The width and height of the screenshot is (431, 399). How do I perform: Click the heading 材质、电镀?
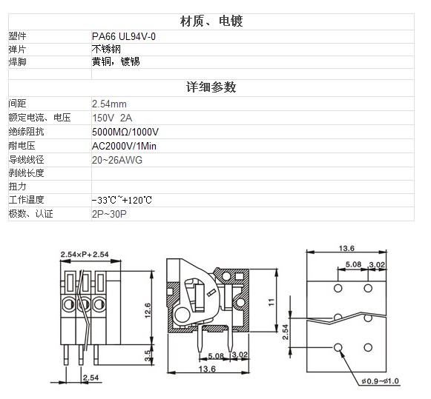pos(211,21)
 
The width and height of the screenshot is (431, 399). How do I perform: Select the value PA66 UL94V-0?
pos(124,36)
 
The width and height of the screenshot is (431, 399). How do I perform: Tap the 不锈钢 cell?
pos(106,49)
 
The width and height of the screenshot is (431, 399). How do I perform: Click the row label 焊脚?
pos(17,61)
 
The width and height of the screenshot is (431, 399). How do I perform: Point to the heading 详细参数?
pos(211,87)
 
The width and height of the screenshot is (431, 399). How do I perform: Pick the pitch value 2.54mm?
pos(109,104)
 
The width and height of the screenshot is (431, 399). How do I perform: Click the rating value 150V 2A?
pos(112,118)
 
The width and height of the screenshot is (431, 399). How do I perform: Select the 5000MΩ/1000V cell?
pos(125,132)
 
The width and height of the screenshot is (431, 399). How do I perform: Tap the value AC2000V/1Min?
pos(124,146)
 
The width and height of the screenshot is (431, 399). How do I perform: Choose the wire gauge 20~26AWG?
pos(116,160)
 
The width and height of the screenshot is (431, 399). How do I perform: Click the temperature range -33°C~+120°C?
pos(122,200)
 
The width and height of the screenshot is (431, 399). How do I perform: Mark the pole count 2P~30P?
pos(109,214)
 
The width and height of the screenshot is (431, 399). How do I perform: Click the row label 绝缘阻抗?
pos(26,132)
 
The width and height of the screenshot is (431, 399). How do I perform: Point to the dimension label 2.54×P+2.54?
pos(85,254)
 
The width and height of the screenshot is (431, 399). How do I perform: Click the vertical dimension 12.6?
pos(148,310)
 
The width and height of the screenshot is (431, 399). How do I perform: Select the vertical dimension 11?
pos(271,302)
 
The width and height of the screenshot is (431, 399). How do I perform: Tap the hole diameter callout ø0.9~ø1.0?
pos(380,381)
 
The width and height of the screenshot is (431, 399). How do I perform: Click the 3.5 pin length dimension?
pos(148,355)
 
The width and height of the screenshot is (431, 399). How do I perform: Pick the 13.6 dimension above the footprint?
pos(346,248)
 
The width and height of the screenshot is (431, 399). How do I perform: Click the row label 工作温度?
pos(26,200)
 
